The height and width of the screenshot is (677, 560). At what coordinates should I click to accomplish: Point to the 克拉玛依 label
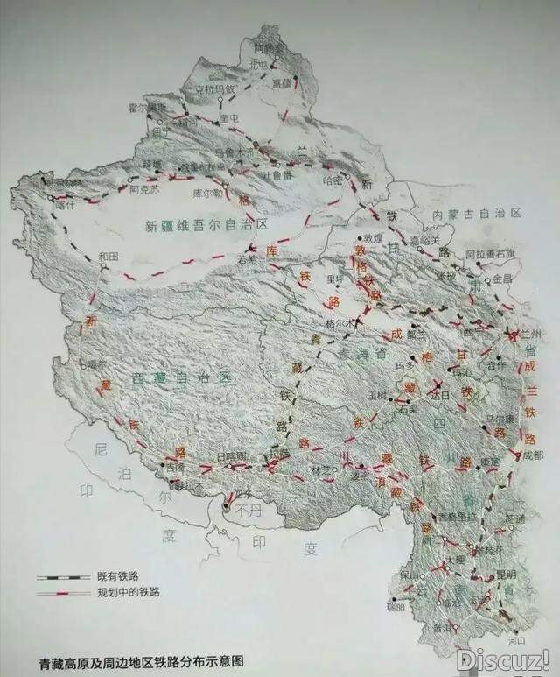(214, 88)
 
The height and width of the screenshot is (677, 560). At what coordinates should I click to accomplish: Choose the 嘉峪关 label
(427, 238)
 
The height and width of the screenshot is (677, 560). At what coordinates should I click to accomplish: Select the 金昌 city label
(501, 278)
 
